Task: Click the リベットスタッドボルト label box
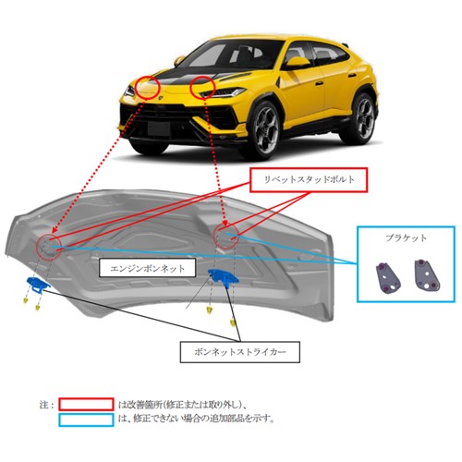click(309, 180)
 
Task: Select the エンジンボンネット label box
click(147, 268)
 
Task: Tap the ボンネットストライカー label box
click(239, 352)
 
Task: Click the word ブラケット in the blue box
click(406, 238)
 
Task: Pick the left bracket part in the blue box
click(387, 277)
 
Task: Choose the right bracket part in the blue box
click(426, 274)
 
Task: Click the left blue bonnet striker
click(38, 284)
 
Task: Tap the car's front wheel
click(266, 128)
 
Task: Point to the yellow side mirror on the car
click(297, 63)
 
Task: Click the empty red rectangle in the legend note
click(86, 404)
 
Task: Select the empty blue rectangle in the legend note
click(86, 419)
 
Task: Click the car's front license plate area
click(159, 128)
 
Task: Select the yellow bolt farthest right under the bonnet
click(233, 322)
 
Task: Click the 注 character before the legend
click(43, 404)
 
